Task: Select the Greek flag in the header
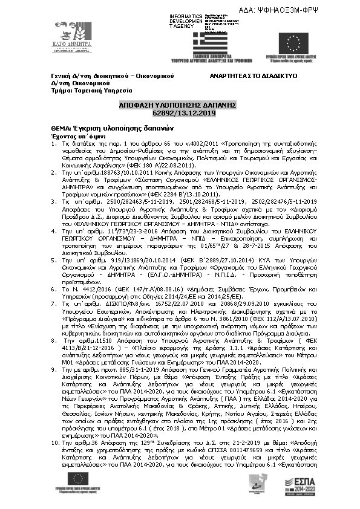click(x=211, y=44)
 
